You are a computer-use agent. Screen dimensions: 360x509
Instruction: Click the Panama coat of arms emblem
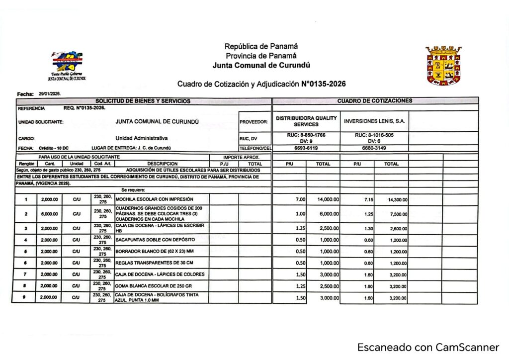click(443, 65)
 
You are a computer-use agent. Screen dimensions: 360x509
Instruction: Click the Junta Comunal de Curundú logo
click(68, 64)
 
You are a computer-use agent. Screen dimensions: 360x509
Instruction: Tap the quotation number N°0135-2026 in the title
click(324, 84)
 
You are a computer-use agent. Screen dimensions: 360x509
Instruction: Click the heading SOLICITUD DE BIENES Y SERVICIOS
click(143, 101)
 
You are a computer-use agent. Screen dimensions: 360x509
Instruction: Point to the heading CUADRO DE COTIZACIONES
click(375, 101)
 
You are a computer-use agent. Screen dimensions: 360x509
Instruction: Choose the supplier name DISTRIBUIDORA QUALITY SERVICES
click(306, 121)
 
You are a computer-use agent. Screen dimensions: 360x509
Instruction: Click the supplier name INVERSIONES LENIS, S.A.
click(374, 121)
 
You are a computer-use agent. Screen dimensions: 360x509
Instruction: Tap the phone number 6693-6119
click(306, 148)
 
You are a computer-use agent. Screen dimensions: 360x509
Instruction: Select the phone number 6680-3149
click(375, 148)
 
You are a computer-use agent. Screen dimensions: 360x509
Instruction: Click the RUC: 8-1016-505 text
click(374, 135)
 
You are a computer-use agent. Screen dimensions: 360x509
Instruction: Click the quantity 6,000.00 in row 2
click(49, 214)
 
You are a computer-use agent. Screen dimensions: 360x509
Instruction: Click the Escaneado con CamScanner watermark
click(428, 347)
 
